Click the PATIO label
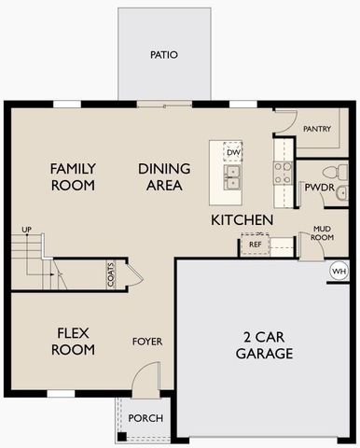163,55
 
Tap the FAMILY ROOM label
73,176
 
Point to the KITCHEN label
242,220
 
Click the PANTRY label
317,129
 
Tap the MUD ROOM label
322,232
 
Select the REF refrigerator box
255,245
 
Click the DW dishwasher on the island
233,152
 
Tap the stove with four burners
282,171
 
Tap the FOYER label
147,342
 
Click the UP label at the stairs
26,230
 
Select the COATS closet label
111,274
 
